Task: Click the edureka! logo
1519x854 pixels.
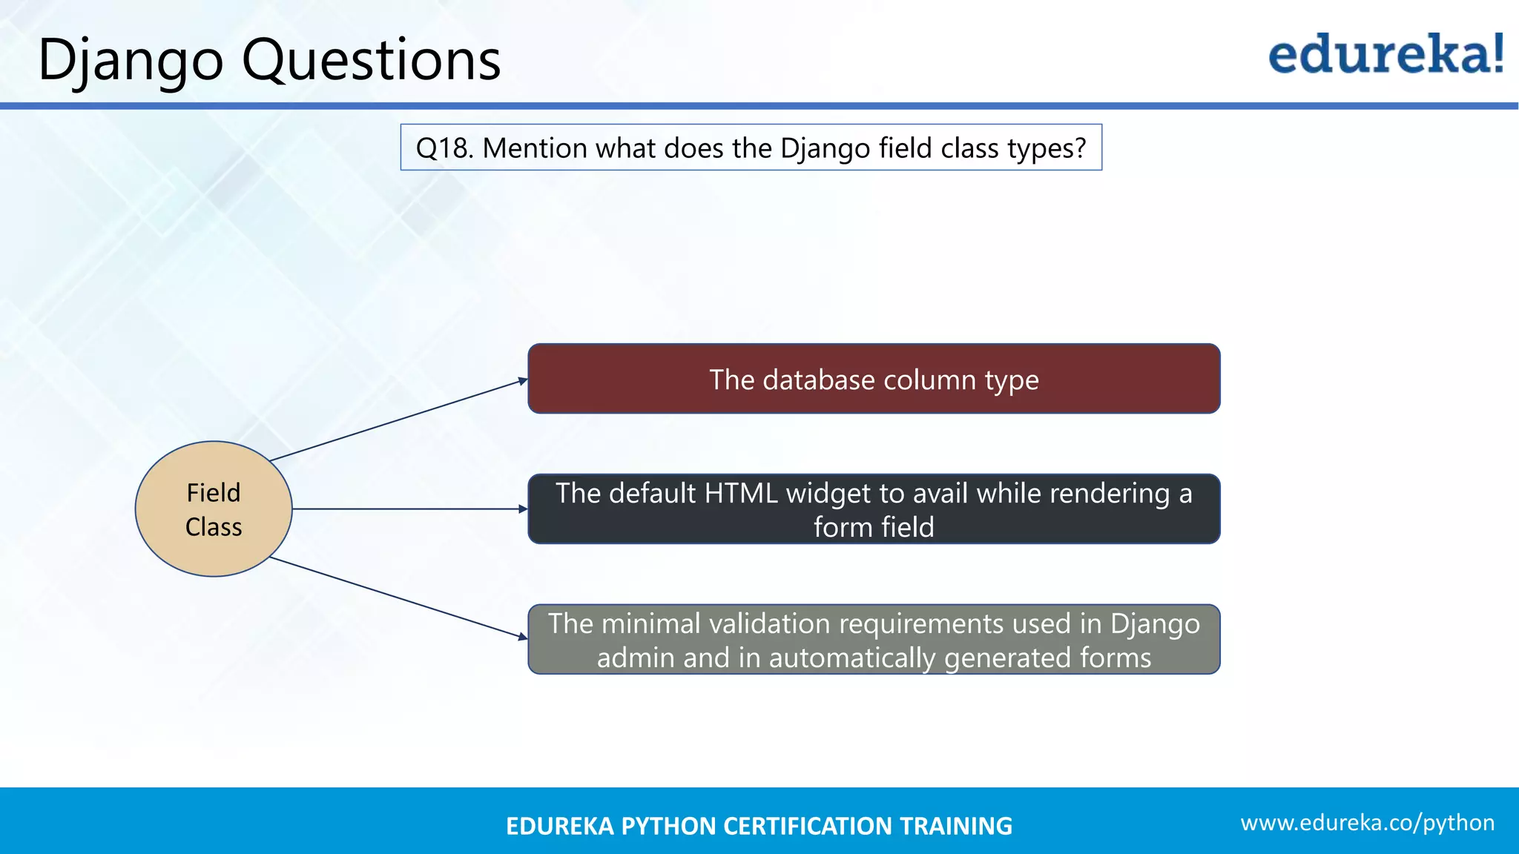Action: coord(1385,55)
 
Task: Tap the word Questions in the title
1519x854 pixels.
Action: coord(371,59)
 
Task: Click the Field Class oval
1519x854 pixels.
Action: coord(214,509)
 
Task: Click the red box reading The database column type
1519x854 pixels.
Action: coord(874,379)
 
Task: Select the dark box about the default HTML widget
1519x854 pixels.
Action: coord(874,509)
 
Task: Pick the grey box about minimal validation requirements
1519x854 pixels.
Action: coord(874,639)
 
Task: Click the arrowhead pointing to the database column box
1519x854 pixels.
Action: coord(523,381)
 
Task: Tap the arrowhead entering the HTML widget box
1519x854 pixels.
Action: coord(523,509)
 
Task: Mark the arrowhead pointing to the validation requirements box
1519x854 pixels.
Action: coord(523,636)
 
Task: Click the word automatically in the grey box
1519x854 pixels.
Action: coord(851,658)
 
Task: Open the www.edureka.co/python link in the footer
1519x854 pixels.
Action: coord(1367,823)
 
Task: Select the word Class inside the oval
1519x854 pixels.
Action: coord(214,527)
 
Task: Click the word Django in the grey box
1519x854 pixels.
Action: coord(1154,624)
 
